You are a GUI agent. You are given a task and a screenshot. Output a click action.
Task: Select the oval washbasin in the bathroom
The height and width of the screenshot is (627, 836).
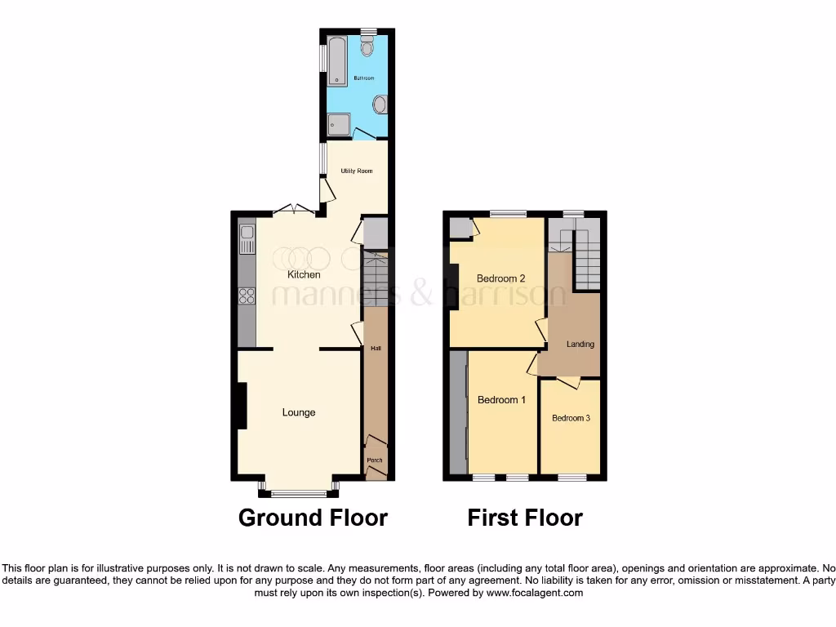click(x=380, y=104)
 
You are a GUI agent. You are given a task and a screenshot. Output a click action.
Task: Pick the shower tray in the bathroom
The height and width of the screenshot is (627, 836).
click(x=338, y=125)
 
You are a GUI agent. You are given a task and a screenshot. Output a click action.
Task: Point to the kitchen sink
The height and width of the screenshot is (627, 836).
click(x=247, y=240)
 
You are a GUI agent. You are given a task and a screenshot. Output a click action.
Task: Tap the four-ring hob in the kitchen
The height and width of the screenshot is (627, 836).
click(x=247, y=296)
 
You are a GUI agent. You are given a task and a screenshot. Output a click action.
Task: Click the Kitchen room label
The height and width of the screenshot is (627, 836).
click(x=303, y=275)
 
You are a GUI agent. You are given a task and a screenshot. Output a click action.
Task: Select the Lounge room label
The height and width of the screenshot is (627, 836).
click(x=299, y=412)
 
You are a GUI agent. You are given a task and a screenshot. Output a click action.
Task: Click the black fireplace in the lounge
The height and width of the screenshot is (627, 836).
click(x=242, y=406)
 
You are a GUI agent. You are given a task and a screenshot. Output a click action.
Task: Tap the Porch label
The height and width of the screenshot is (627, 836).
click(x=375, y=460)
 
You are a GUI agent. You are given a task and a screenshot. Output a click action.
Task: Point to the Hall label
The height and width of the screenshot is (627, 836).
click(x=376, y=349)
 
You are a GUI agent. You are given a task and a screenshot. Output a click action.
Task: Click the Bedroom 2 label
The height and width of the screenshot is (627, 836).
click(x=500, y=278)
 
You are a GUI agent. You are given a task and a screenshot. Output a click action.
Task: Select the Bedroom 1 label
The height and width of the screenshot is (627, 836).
click(x=502, y=400)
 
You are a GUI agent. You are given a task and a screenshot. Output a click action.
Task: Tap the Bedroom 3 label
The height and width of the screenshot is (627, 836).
click(x=571, y=418)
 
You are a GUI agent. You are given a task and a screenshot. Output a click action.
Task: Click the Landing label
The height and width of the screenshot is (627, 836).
click(x=580, y=344)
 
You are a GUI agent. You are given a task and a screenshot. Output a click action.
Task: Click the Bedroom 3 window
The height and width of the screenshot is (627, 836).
click(x=571, y=477)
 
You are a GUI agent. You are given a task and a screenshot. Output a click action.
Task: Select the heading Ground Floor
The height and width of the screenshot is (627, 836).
click(x=313, y=517)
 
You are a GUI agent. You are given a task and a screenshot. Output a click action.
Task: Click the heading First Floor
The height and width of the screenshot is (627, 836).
click(x=525, y=517)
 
